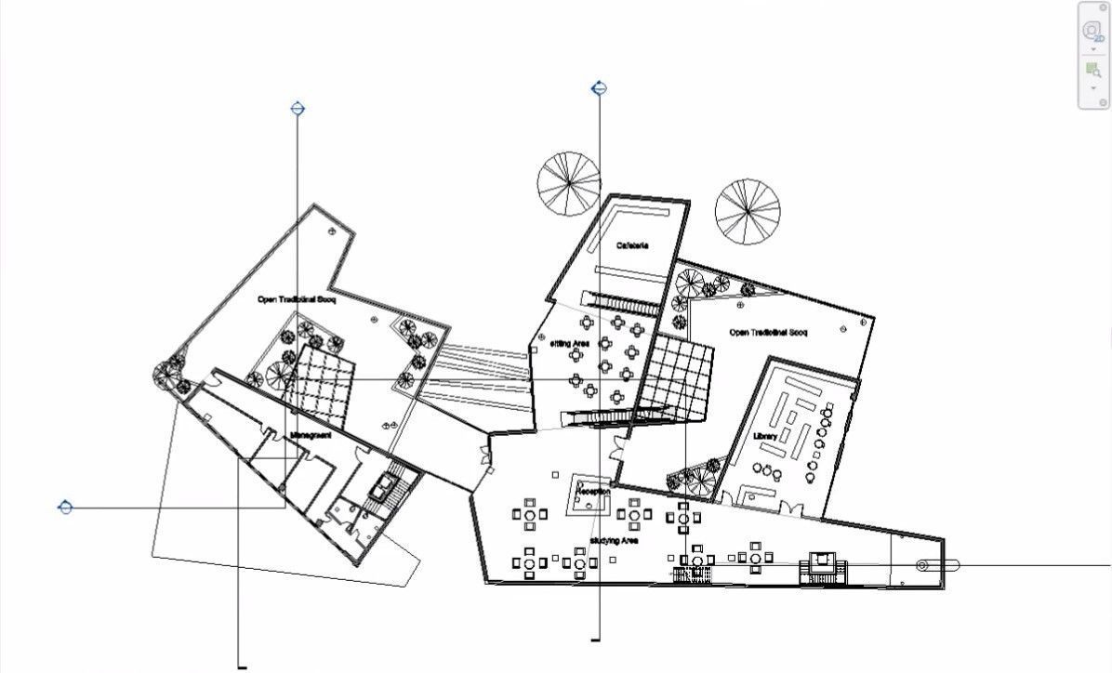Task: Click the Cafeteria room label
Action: point(632,246)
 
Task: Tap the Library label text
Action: point(765,436)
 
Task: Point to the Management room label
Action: point(311,434)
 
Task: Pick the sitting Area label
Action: point(571,344)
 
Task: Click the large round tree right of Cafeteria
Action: point(748,211)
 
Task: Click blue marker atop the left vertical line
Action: point(298,109)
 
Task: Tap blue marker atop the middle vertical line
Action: point(600,89)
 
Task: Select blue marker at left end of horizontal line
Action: point(65,508)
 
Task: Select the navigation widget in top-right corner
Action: point(1093,55)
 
